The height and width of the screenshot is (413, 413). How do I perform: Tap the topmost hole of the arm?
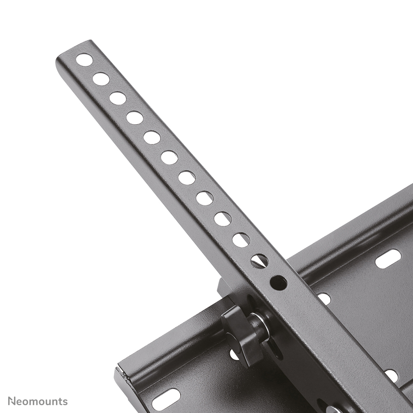coord(84,60)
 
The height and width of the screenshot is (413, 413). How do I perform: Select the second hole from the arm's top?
coord(101,79)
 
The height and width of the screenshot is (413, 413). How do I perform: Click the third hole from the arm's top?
coord(118,98)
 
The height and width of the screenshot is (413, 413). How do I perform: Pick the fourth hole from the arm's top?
coord(135,118)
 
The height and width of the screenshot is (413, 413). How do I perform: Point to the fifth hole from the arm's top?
coord(152,137)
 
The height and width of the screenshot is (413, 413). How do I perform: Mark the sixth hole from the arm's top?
coord(169,157)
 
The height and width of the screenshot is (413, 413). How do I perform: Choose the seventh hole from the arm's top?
coord(187,178)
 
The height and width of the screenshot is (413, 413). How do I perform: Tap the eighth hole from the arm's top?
coord(204,198)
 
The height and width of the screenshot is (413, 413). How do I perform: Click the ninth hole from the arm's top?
coord(223,219)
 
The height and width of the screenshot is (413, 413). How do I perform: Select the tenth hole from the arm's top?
coord(241,240)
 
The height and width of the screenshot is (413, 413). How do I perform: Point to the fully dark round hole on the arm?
coord(278,283)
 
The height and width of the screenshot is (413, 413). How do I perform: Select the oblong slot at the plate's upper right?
coord(388,259)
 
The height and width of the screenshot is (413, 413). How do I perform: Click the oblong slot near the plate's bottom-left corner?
coord(166,399)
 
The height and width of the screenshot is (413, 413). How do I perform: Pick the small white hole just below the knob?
coord(234,354)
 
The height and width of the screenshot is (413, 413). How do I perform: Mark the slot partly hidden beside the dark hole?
coord(324,298)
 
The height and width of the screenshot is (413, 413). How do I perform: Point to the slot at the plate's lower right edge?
coord(391,376)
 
